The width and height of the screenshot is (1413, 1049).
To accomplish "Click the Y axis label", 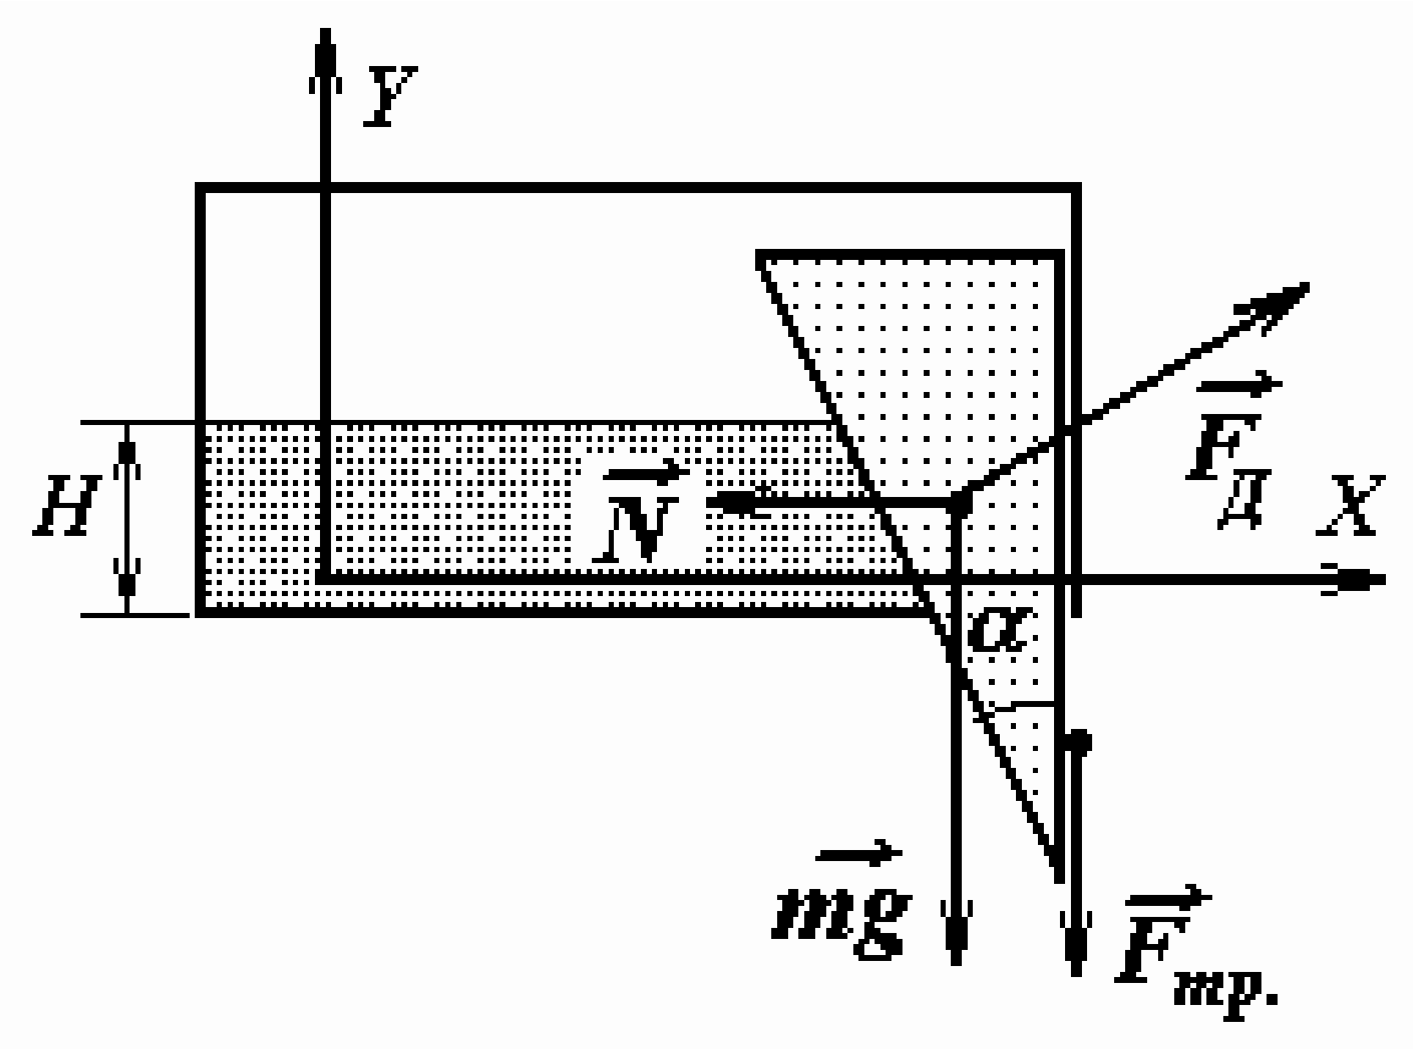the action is (390, 96).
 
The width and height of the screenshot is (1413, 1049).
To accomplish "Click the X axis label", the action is (1350, 505).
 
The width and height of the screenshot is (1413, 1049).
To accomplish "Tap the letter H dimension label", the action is (66, 505).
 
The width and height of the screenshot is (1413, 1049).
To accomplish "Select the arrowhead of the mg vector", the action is (956, 931).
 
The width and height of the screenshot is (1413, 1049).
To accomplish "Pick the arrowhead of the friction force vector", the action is (1076, 943).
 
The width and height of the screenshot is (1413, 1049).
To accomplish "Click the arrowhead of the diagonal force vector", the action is (1274, 305).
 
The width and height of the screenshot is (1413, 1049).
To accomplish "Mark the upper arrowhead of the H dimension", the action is (127, 452).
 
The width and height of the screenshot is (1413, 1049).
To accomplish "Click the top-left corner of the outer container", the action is (200, 187).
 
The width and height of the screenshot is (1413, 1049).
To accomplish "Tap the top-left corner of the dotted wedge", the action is (759, 254).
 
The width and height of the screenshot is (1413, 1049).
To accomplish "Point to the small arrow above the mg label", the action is (858, 853).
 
